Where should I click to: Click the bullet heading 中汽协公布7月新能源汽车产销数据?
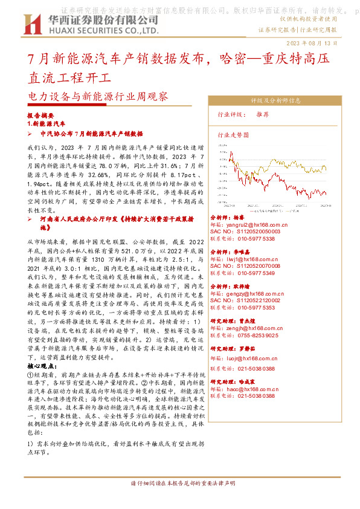point(91,134)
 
